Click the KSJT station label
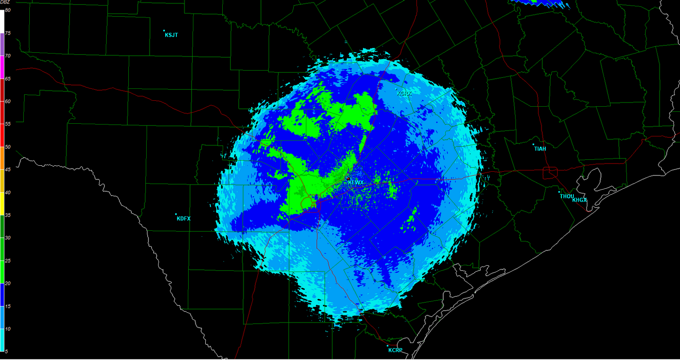pyautogui.click(x=171, y=35)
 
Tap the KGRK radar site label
pyautogui.click(x=404, y=93)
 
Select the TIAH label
pyautogui.click(x=540, y=149)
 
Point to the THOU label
pyautogui.click(x=567, y=196)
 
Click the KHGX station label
pyautogui.click(x=580, y=200)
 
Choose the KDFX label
pyautogui.click(x=184, y=218)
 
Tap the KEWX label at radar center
pyautogui.click(x=356, y=182)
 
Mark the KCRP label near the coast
pyautogui.click(x=395, y=350)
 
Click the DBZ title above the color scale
pyautogui.click(x=5, y=3)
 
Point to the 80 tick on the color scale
pyautogui.click(x=8, y=10)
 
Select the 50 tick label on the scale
pyautogui.click(x=8, y=147)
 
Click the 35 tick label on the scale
pyautogui.click(x=8, y=215)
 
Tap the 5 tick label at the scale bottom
pyautogui.click(x=6, y=351)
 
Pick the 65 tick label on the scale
pyautogui.click(x=8, y=79)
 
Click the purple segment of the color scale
pyautogui.click(x=2, y=44)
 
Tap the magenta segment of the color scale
pyautogui.click(x=2, y=67)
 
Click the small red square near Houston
pyautogui.click(x=550, y=173)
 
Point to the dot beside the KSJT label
pyautogui.click(x=164, y=31)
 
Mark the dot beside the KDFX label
pyautogui.click(x=176, y=214)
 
